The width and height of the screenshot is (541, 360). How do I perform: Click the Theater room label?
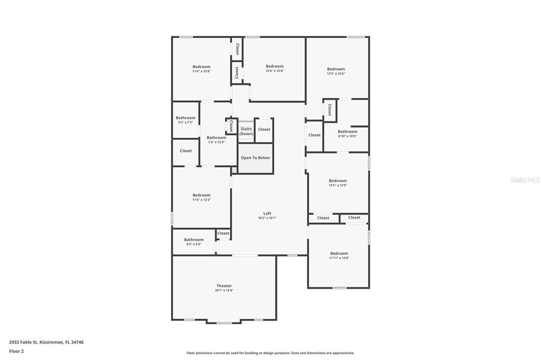click(x=224, y=286)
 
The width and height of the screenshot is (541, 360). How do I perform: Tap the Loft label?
click(x=267, y=213)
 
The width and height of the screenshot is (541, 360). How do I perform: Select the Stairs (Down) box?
click(x=246, y=131)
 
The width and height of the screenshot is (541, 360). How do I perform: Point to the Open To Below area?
click(x=255, y=158)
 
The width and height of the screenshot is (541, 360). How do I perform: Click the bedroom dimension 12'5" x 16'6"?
click(x=335, y=74)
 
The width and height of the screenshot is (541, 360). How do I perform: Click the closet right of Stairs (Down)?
click(x=264, y=129)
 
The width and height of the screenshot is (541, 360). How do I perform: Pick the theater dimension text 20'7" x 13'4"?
click(x=224, y=290)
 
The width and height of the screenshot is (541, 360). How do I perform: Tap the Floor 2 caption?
click(x=16, y=351)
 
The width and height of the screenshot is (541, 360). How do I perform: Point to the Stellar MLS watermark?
click(x=525, y=180)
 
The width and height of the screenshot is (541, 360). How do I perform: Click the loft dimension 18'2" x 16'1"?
click(x=267, y=218)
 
